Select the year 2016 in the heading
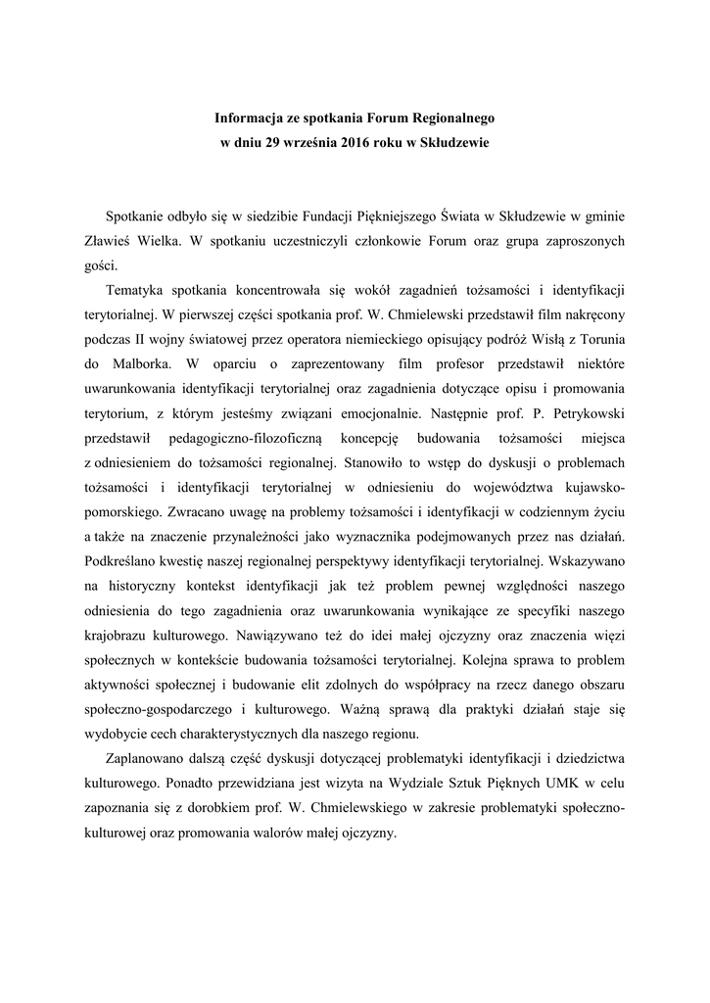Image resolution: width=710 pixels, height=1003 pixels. (x=356, y=143)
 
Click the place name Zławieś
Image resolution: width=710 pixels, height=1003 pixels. (x=105, y=240)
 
